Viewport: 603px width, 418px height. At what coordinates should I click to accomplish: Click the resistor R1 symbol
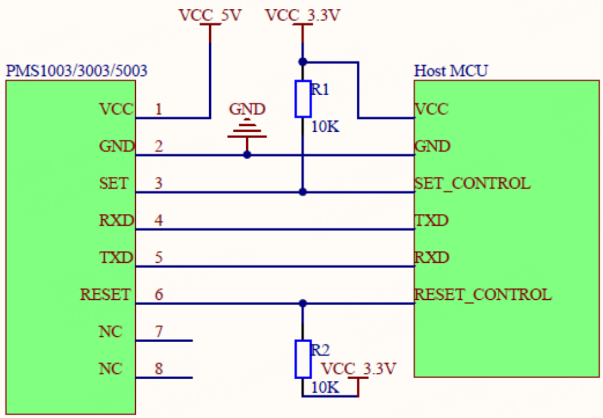pos(303,99)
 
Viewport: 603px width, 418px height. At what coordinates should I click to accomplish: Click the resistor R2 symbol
pos(303,359)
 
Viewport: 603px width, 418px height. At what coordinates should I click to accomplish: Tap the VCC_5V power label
pos(210,15)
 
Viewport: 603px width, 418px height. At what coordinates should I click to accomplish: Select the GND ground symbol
pos(247,130)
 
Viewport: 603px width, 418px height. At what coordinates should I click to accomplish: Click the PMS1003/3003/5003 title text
pos(76,71)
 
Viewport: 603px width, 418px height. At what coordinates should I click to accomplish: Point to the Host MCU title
pos(451,71)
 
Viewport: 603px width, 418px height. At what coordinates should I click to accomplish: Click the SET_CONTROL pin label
pos(473,183)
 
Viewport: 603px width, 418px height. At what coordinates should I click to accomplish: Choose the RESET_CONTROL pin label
pos(483,295)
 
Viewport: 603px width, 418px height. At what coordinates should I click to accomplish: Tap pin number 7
pos(159,332)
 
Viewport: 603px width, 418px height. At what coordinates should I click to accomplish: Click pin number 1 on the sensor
pos(159,109)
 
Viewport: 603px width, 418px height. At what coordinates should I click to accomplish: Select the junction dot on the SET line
pos(303,192)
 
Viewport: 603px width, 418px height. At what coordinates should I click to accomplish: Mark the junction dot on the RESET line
pos(303,303)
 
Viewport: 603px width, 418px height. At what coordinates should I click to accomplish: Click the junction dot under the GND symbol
pos(247,155)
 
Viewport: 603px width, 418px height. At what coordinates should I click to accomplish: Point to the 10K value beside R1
pos(325,126)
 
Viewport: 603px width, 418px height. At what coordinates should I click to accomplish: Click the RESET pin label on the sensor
pos(105,295)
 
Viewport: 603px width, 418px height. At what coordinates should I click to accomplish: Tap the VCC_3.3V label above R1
pos(303,15)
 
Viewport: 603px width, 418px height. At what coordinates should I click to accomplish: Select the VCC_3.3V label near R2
pos(359,369)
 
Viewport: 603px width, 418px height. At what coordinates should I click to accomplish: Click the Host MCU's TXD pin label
pos(431,220)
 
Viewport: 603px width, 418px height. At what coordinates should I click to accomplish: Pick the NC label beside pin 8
pos(110,369)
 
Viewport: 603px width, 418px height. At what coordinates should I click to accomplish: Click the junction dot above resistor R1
pos(303,62)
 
